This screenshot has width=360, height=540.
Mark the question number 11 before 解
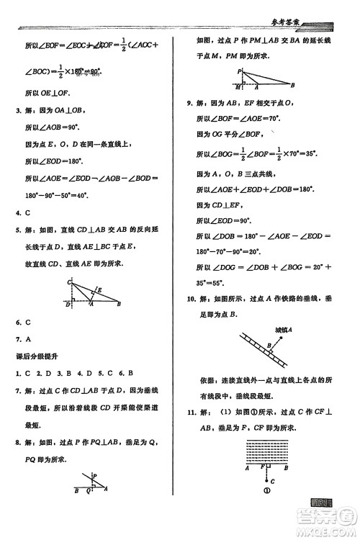(191, 412)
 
